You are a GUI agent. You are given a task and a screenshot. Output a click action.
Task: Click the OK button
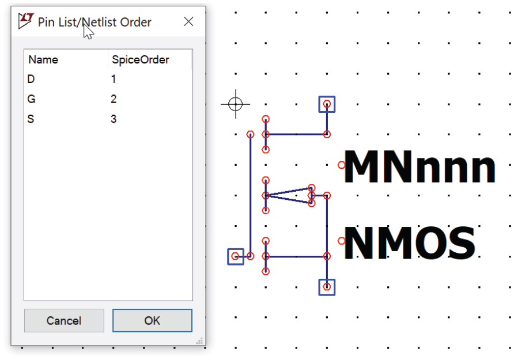click(x=153, y=320)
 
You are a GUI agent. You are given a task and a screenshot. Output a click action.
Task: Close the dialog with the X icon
click(x=188, y=22)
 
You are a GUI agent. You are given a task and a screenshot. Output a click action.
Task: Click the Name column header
click(x=43, y=60)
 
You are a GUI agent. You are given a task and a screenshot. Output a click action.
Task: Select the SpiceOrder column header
click(x=140, y=60)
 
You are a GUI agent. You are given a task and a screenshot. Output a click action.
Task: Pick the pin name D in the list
click(x=31, y=79)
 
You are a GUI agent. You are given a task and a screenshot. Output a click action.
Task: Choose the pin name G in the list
click(x=31, y=99)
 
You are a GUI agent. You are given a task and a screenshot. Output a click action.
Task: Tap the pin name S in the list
click(x=31, y=119)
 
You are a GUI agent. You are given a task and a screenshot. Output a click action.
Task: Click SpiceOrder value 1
click(x=114, y=79)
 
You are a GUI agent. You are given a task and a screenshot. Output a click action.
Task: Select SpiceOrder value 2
click(x=114, y=99)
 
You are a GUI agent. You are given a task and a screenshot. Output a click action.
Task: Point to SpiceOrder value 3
click(x=114, y=119)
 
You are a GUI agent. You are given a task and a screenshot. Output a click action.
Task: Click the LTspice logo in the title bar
click(x=26, y=21)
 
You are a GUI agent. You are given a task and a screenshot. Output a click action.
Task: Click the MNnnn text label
click(x=419, y=166)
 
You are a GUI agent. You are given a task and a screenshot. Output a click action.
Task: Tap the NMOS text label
click(x=410, y=242)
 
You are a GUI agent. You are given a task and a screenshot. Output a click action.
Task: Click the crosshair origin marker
click(x=235, y=104)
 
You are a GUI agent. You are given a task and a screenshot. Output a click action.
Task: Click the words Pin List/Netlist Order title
click(x=95, y=22)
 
